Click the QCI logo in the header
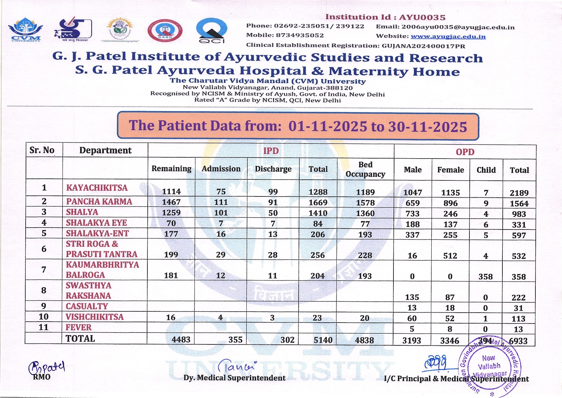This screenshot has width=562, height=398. [x=211, y=30]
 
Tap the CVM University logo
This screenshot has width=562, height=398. [x=26, y=30]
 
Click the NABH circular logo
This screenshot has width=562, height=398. [x=165, y=31]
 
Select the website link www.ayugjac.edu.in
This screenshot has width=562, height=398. [x=448, y=36]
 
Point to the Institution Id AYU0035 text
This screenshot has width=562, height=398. [x=385, y=17]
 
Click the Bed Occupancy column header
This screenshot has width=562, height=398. [x=365, y=169]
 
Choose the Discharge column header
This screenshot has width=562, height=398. [x=273, y=169]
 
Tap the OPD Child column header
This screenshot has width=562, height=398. [x=486, y=170]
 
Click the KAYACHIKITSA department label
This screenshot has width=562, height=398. [x=97, y=188]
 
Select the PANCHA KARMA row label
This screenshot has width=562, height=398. [x=99, y=202]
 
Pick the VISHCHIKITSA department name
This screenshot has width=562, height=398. [x=95, y=317]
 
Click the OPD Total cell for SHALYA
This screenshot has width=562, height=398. [x=519, y=214]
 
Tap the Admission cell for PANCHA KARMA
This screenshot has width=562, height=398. [x=221, y=202]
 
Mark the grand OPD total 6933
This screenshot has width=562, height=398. [x=518, y=341]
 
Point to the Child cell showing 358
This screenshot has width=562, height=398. [x=485, y=277]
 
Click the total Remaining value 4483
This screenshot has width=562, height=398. [x=181, y=340]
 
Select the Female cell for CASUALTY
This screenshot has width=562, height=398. [x=450, y=308]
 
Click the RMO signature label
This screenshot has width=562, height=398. [x=42, y=377]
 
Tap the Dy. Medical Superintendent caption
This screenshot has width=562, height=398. [x=234, y=378]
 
